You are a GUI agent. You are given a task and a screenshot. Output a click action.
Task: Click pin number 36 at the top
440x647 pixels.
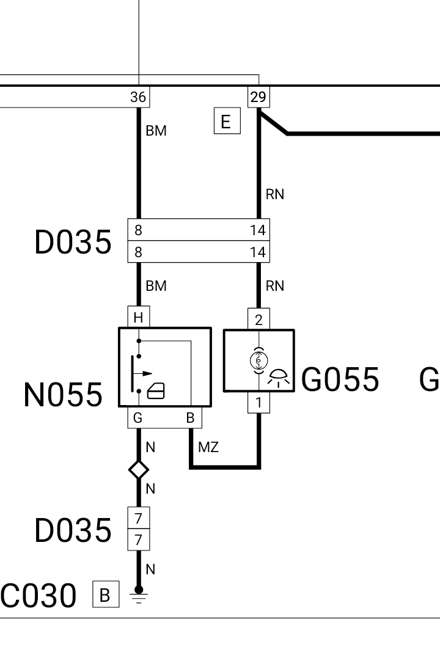138,97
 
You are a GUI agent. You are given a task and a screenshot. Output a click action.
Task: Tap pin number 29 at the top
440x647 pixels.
258,97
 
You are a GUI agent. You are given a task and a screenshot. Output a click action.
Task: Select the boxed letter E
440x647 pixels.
227,121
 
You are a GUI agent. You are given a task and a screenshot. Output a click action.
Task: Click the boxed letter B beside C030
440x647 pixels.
106,594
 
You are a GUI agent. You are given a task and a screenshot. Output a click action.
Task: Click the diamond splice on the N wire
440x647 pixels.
139,470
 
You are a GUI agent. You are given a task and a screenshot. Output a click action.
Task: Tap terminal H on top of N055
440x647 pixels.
138,317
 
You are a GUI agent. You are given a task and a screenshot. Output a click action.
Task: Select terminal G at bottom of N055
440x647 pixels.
138,417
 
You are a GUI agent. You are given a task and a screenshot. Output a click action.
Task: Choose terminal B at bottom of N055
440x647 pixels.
190,417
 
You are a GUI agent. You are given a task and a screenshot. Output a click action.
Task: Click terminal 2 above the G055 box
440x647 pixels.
258,320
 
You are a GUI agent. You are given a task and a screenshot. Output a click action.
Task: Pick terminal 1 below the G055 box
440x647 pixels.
258,402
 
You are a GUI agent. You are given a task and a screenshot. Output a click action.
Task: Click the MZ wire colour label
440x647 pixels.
208,447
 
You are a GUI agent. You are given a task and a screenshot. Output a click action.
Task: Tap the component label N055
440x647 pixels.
63,395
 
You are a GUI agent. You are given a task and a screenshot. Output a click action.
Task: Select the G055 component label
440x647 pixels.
340,379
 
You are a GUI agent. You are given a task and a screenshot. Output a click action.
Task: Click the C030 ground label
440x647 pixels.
38,596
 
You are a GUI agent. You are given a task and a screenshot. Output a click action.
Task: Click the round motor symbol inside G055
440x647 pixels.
258,360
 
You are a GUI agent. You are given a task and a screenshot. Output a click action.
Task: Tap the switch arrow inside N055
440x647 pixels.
142,373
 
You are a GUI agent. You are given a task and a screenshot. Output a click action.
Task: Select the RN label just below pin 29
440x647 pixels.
275,194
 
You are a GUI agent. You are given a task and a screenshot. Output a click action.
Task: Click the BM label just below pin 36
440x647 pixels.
156,130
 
